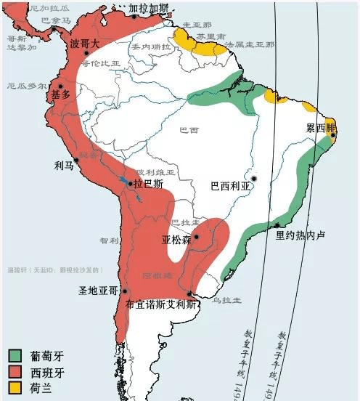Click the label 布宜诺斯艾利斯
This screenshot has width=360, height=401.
click(x=160, y=305)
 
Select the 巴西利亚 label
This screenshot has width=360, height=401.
click(x=229, y=185)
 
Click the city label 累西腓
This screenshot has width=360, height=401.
click(x=322, y=128)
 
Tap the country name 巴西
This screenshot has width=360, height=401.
click(x=189, y=130)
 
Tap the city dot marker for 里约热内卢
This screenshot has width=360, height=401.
click(x=277, y=225)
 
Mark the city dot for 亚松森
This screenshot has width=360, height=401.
click(x=196, y=237)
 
